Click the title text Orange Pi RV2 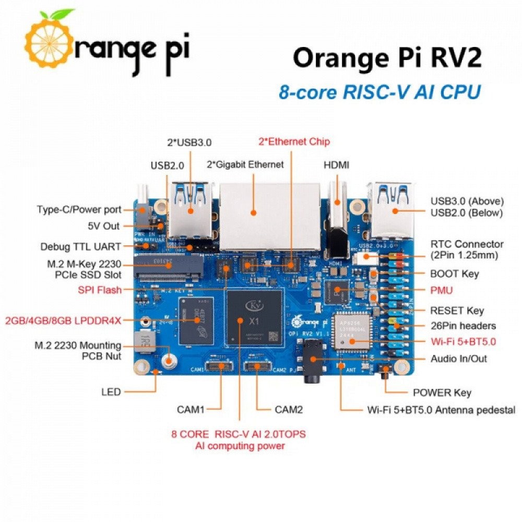click(386, 57)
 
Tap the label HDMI click(337, 165)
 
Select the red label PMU click(441, 289)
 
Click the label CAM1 click(190, 410)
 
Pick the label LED click(111, 391)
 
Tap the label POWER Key click(442, 393)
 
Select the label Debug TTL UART click(80, 246)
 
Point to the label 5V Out click(104, 226)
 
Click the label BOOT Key click(454, 274)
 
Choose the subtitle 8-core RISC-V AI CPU click(379, 92)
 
